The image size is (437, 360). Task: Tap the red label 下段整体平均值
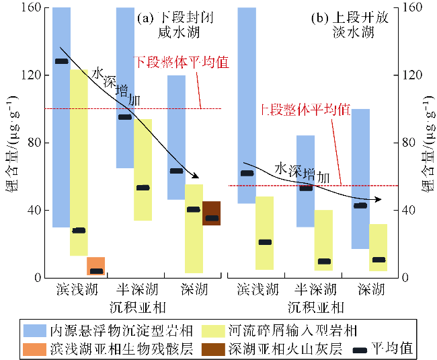(181, 63)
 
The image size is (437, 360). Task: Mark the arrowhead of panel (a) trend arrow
(200, 177)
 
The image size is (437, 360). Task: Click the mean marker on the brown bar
(211, 218)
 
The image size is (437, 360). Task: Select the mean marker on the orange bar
(95, 271)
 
